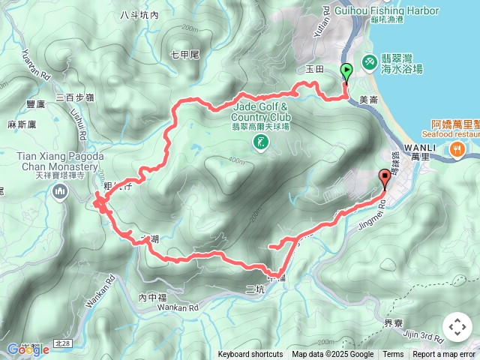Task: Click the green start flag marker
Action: pyautogui.click(x=347, y=72)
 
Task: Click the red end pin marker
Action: pyautogui.click(x=385, y=178)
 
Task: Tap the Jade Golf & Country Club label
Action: pyautogui.click(x=260, y=112)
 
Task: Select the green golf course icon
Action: pyautogui.click(x=261, y=142)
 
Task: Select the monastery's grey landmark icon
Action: pyautogui.click(x=59, y=193)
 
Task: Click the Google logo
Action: pyautogui.click(x=22, y=349)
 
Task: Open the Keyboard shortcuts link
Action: pyautogui.click(x=250, y=355)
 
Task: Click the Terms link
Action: pyautogui.click(x=393, y=355)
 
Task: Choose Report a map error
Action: pyautogui.click(x=445, y=355)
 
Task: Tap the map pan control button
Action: pyautogui.click(x=457, y=328)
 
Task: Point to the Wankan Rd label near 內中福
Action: pyautogui.click(x=178, y=307)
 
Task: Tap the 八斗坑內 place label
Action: pyautogui.click(x=139, y=15)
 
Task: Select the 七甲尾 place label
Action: pyautogui.click(x=184, y=55)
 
